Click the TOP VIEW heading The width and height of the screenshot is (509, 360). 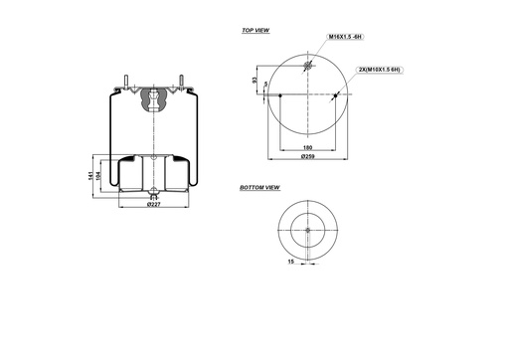tap(255, 31)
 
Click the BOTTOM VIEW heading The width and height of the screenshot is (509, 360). tap(259, 188)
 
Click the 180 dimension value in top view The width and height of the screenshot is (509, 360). tap(308, 147)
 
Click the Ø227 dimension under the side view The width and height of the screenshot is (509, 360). tap(153, 205)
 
